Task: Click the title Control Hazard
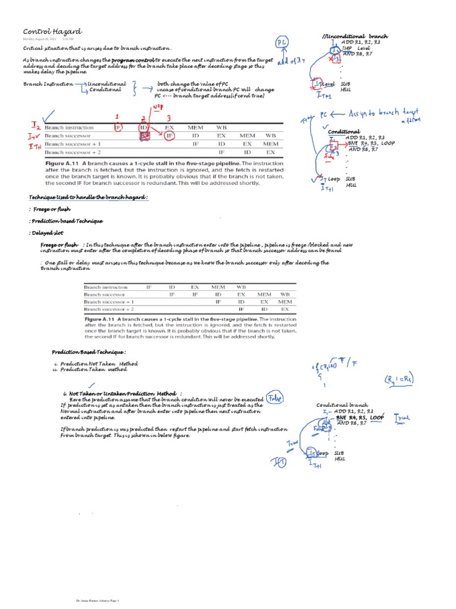(52, 31)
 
